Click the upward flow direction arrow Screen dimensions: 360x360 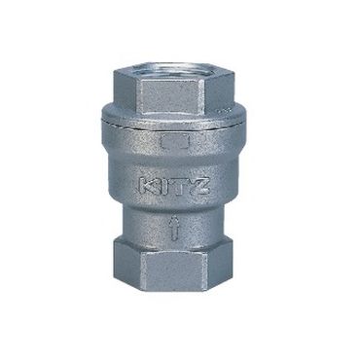[x=172, y=228]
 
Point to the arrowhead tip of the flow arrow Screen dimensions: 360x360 [x=172, y=219]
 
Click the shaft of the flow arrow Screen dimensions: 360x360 [x=172, y=233]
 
